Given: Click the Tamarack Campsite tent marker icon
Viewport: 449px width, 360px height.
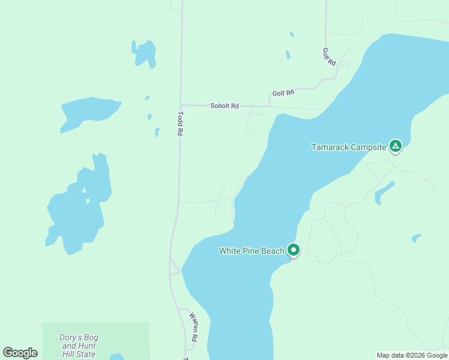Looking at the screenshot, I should [x=395, y=146].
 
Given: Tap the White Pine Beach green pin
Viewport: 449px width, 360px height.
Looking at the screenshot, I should [x=294, y=250].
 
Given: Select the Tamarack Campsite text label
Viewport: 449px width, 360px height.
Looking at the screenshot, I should [x=348, y=147].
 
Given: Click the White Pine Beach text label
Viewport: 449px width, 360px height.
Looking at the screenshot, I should [x=252, y=251].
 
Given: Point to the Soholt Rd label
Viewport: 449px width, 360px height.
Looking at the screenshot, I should [x=224, y=106].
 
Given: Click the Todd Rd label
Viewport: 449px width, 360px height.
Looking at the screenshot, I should [x=179, y=124].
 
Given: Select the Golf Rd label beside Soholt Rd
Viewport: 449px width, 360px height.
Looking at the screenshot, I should [x=283, y=93].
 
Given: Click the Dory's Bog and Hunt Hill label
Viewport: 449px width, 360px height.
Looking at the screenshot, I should [x=77, y=341].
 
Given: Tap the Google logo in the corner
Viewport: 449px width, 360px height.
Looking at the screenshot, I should [x=20, y=353].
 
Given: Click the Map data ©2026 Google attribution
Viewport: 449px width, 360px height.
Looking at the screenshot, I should [x=412, y=355].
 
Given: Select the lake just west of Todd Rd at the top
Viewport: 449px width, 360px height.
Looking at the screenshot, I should [x=145, y=53].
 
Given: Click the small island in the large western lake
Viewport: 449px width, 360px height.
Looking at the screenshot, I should [x=86, y=201].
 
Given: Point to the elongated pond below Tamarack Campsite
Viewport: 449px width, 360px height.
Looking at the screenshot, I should [x=383, y=192].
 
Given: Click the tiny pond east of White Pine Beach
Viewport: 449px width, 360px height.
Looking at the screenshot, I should [x=416, y=238].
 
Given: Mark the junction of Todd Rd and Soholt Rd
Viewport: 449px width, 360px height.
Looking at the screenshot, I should [x=180, y=106].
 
